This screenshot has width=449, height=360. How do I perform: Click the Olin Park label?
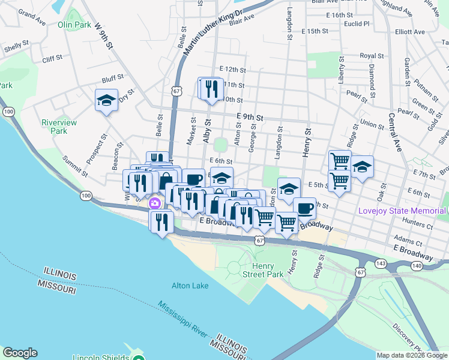(x=74, y=25)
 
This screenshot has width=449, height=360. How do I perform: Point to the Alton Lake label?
(x=190, y=286)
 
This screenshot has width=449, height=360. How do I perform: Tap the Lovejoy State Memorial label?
(x=402, y=211)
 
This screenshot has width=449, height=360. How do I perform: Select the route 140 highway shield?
(x=416, y=265)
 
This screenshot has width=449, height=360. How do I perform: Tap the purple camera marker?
(x=155, y=203)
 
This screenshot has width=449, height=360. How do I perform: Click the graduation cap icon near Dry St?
(x=106, y=100)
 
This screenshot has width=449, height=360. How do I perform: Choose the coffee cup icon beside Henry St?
(x=304, y=209)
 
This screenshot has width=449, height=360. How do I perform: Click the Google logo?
(x=20, y=353)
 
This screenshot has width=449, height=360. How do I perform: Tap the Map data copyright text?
(x=412, y=355)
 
